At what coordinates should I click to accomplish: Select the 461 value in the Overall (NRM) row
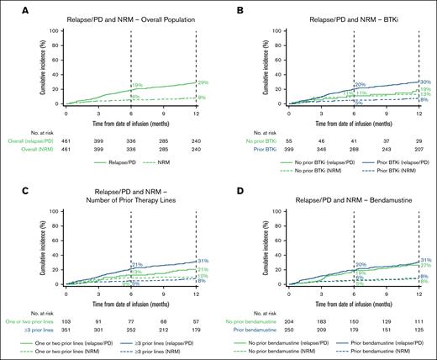[x=66, y=146]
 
